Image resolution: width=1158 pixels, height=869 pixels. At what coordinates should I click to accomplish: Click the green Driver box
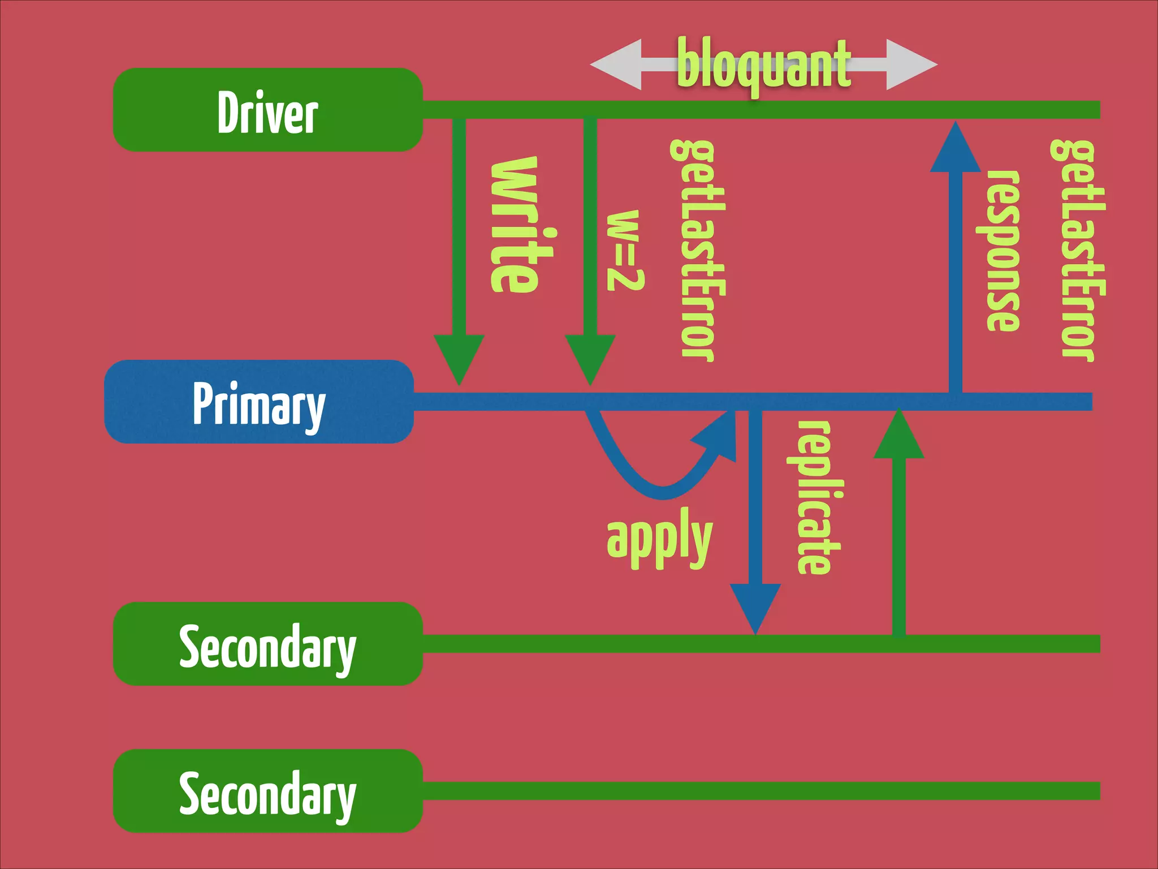click(267, 110)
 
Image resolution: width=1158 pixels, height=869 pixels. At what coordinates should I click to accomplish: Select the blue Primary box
click(259, 402)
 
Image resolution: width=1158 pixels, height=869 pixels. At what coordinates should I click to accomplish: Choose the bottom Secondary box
click(267, 791)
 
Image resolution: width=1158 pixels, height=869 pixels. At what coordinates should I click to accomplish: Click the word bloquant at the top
click(763, 64)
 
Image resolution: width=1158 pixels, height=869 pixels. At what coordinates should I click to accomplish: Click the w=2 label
click(625, 250)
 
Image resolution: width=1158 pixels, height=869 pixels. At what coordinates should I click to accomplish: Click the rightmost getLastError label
click(1077, 250)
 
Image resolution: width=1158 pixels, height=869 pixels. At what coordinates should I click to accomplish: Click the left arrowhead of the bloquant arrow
click(616, 64)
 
